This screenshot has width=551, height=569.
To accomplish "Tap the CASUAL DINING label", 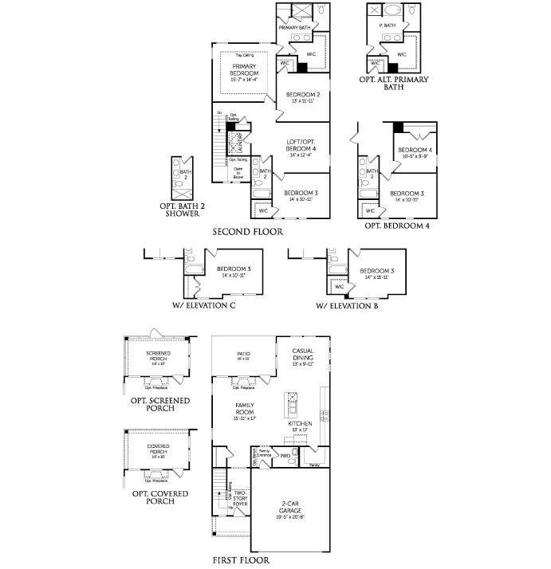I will tap(302, 355).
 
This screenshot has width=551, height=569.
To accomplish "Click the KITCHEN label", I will tap(301, 424).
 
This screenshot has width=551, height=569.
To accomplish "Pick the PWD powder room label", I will tap(285, 457).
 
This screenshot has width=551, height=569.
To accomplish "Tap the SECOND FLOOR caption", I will tap(247, 232).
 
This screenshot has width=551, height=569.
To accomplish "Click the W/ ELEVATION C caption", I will tap(203, 305).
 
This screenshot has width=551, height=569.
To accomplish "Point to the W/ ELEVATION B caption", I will tap(347, 305).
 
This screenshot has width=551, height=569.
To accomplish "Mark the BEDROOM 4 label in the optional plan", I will tap(415, 151).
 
